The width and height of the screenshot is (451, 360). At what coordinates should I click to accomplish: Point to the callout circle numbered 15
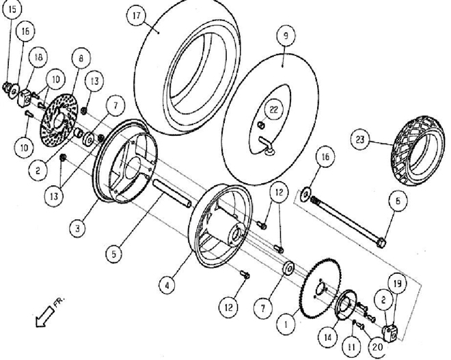pos(13,10)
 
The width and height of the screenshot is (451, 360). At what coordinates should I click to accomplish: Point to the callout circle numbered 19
pos(398,283)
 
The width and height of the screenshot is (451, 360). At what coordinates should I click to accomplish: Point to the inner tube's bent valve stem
pos(268,145)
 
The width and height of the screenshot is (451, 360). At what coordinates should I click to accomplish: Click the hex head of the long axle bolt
pos(381,242)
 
